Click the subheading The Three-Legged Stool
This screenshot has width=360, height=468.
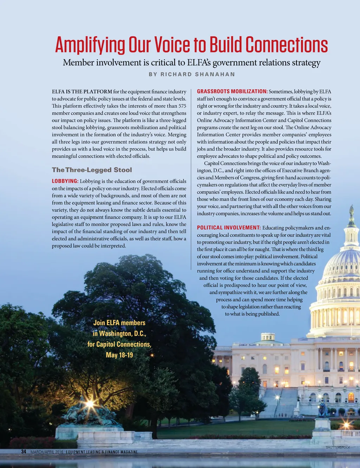92,170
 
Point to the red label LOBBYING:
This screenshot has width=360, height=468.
65,181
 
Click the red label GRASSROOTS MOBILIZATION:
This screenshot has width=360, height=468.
232,91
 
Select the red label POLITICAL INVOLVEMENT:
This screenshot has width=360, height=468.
229,228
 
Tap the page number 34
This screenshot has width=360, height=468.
24,451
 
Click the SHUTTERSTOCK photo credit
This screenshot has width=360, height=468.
337,447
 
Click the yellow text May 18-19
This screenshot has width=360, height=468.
119,355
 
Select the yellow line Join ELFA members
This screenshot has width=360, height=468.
119,323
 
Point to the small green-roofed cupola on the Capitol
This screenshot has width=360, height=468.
268,338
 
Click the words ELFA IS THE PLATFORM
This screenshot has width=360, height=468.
82,92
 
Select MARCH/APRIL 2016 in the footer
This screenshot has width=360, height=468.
47,452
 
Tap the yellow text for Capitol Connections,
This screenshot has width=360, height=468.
119,344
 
